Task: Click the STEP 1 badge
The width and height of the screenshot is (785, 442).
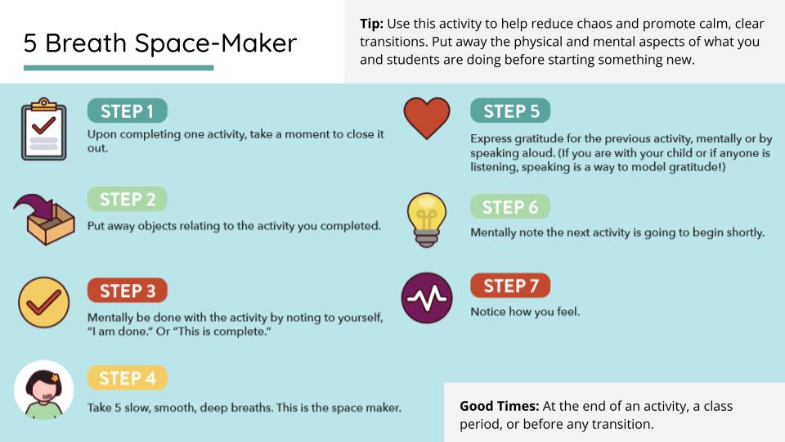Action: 127,110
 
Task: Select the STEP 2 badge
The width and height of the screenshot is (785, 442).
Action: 127,199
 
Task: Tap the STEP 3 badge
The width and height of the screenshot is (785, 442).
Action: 127,291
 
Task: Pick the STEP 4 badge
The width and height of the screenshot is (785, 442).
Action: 127,378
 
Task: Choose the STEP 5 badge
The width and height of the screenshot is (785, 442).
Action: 510,110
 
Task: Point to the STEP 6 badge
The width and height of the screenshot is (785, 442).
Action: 510,207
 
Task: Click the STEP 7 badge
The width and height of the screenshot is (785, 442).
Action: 510,286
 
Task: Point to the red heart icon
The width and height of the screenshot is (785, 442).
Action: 427,117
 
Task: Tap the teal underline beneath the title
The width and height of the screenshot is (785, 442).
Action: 119,68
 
